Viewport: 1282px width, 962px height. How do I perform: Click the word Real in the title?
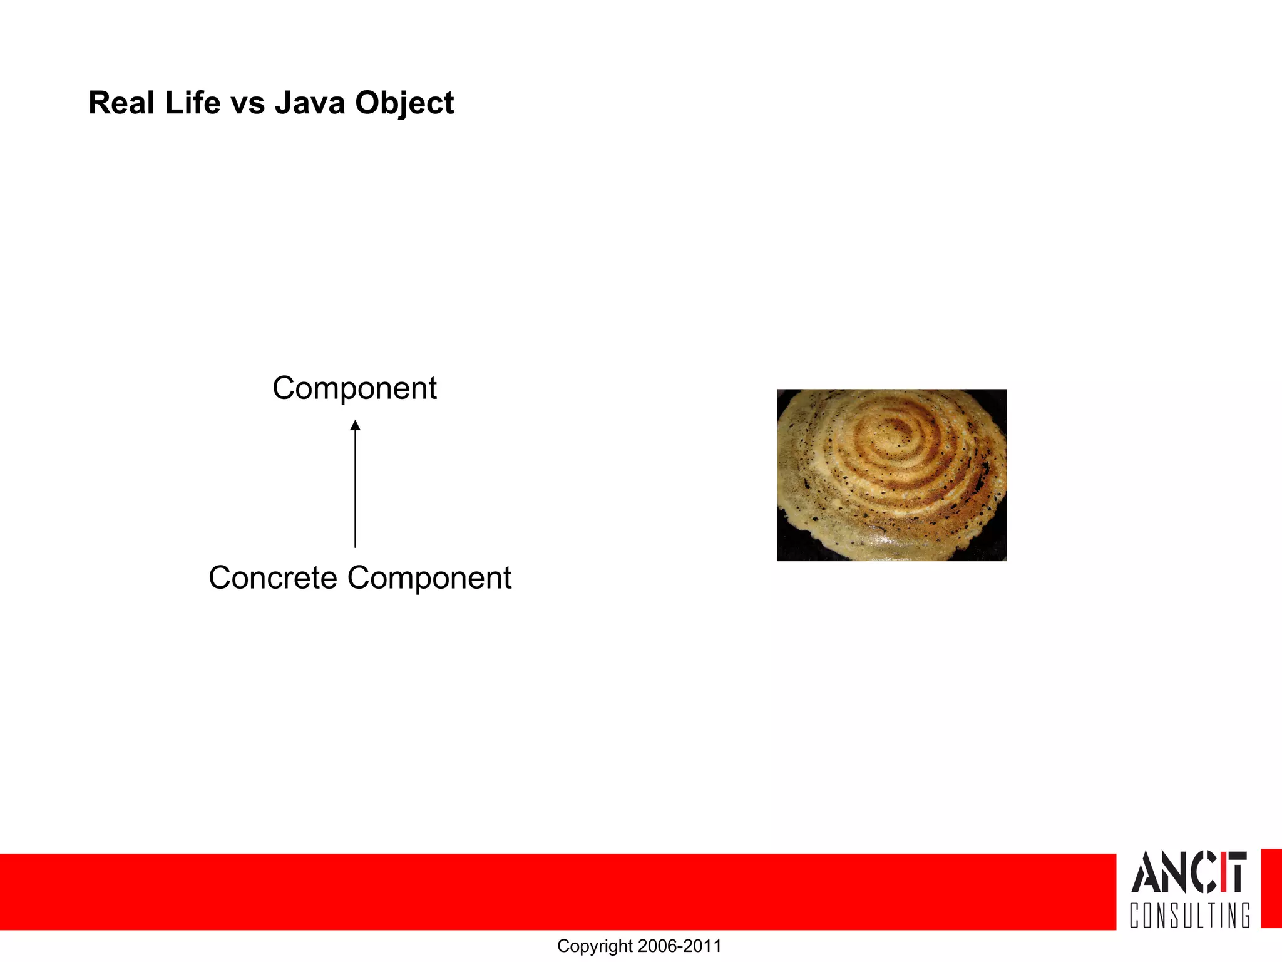click(x=121, y=103)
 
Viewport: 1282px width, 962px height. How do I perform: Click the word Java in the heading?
click(x=310, y=103)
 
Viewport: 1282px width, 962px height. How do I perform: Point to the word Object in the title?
click(x=404, y=104)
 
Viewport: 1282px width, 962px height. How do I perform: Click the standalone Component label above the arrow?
click(x=354, y=388)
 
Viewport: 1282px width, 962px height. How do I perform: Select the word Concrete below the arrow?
click(x=272, y=577)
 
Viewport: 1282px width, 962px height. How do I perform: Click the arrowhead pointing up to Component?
click(x=355, y=426)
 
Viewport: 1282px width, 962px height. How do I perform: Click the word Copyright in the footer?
click(x=595, y=946)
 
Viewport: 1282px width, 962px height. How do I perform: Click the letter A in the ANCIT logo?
click(x=1147, y=872)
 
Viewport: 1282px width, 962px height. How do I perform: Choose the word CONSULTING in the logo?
click(x=1189, y=915)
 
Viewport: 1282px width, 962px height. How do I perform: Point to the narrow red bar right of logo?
click(x=1271, y=889)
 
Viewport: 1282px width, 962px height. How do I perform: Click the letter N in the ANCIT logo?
click(x=1176, y=872)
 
